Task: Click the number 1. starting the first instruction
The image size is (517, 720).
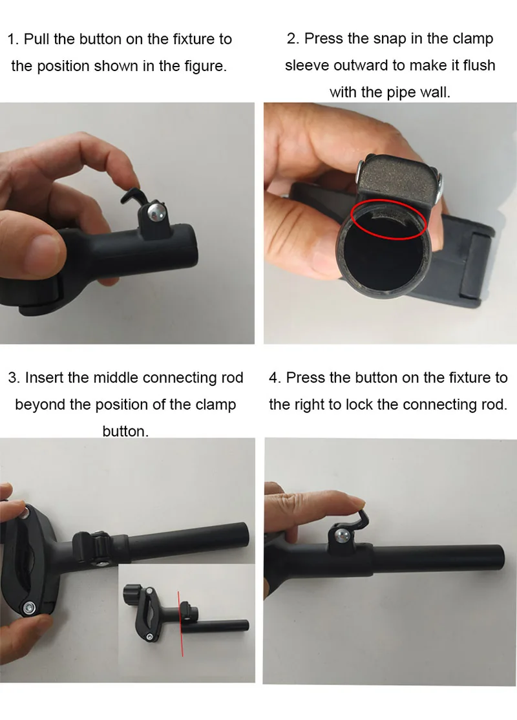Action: (x=13, y=39)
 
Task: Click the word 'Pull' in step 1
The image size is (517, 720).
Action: (x=36, y=39)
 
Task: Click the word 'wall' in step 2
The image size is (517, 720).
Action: (x=433, y=92)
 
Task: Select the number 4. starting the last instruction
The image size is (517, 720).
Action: (x=275, y=377)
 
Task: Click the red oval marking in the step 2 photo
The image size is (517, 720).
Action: (x=389, y=219)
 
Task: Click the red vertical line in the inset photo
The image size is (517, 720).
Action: (x=180, y=624)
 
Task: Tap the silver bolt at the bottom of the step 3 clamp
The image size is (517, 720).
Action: (x=30, y=608)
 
